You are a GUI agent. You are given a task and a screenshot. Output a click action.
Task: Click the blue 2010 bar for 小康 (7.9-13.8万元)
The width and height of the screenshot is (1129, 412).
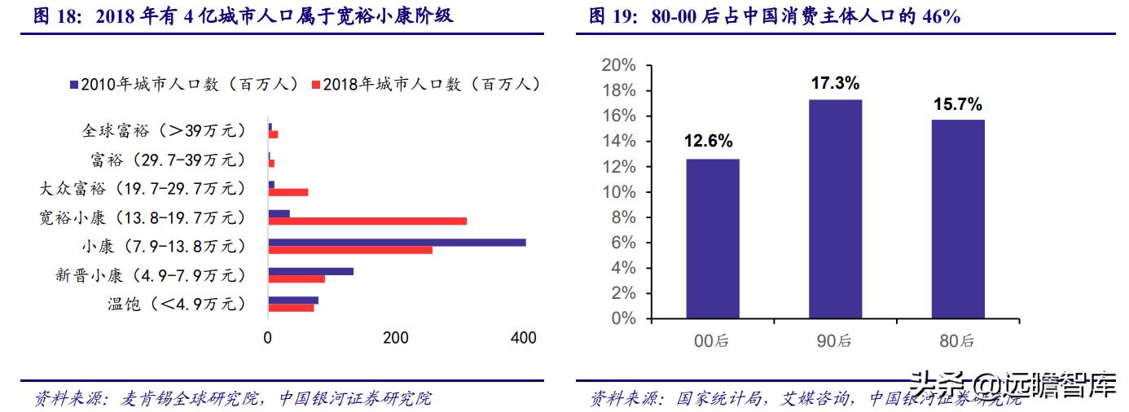(x=397, y=242)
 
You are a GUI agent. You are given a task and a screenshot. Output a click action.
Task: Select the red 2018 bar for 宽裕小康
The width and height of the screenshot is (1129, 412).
(x=367, y=221)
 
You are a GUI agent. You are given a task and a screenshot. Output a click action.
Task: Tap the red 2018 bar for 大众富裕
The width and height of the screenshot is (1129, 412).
(x=288, y=192)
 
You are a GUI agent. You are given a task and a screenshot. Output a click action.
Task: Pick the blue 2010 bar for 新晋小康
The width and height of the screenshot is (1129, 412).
(x=310, y=271)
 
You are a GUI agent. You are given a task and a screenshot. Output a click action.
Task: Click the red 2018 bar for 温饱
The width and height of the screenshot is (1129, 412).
(x=291, y=307)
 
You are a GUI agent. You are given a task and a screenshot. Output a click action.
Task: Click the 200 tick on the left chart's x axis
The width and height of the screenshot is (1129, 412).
(x=396, y=338)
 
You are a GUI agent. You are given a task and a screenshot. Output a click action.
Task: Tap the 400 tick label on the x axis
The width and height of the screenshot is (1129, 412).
(x=523, y=338)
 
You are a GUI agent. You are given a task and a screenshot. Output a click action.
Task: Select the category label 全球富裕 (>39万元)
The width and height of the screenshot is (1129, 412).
(x=163, y=130)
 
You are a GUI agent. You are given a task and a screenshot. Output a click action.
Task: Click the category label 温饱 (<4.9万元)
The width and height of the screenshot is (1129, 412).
(x=175, y=305)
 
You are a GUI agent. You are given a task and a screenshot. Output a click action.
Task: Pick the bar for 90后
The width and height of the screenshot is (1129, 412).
(x=835, y=208)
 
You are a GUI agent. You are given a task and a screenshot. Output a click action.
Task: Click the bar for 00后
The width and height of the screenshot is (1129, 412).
(x=713, y=238)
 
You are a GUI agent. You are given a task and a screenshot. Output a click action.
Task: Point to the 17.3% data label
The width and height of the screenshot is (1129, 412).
(x=835, y=83)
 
